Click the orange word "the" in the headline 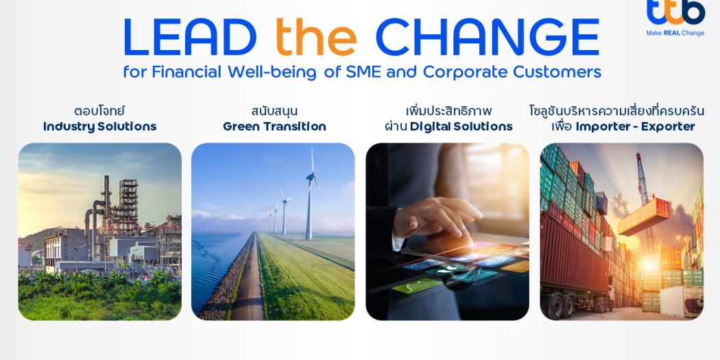click(316, 37)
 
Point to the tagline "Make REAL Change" click(675, 33)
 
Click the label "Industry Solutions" click(99, 127)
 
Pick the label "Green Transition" click(274, 127)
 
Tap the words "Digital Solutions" click(461, 127)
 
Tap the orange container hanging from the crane click(644, 216)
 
